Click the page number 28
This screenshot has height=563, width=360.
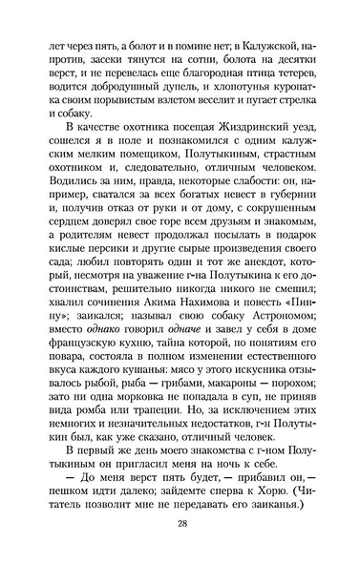pos(180,522)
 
